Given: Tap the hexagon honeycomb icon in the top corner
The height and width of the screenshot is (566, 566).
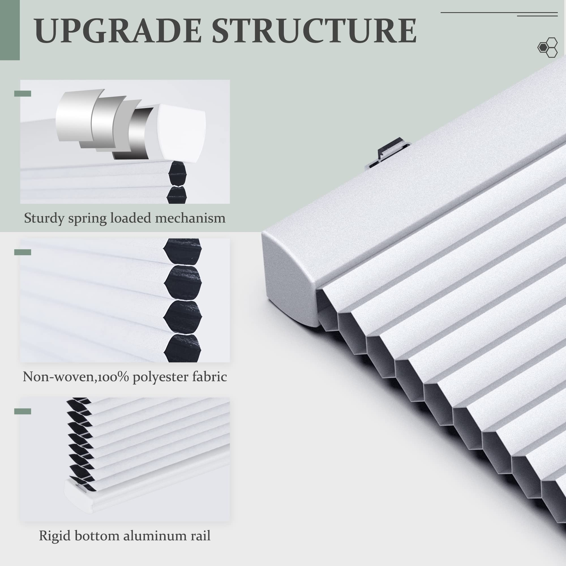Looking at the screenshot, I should (x=548, y=48).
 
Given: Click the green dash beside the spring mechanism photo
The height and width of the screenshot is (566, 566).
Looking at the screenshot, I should (x=23, y=94).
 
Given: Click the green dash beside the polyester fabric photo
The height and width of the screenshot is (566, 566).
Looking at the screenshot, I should (x=23, y=252).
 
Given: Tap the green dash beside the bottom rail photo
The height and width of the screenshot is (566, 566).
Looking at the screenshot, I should (x=23, y=411).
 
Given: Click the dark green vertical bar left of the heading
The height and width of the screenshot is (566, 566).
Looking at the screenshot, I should (x=10, y=30).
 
